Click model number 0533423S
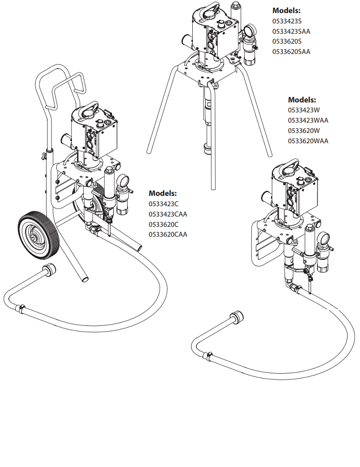[287, 21]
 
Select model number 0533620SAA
[291, 52]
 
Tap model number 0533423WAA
[308, 120]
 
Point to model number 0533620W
[304, 131]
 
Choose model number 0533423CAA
[168, 214]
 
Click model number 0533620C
[163, 224]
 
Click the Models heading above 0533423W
[302, 100]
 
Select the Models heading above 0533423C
[163, 193]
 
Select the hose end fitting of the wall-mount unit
[237, 317]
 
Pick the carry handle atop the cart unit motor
[90, 110]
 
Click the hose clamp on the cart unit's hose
[21, 308]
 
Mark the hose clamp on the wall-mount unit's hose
[208, 355]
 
